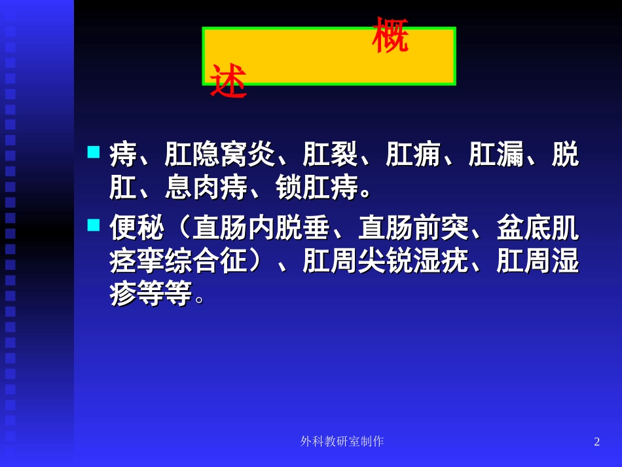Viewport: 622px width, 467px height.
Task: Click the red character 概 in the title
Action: pyautogui.click(x=390, y=36)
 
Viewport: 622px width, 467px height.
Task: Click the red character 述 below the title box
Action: pyautogui.click(x=228, y=82)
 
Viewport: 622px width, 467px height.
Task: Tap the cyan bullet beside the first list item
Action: pyautogui.click(x=94, y=152)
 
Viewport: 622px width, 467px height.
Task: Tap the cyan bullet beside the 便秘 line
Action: pyautogui.click(x=94, y=225)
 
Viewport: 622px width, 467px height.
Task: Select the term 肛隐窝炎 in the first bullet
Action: pyautogui.click(x=219, y=155)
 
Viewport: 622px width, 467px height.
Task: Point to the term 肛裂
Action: pyautogui.click(x=330, y=155)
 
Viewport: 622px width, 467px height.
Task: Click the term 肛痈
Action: pyautogui.click(x=413, y=155)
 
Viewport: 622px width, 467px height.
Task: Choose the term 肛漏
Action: pyautogui.click(x=496, y=155)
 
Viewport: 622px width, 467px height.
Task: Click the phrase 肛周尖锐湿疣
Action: pyautogui.click(x=385, y=261)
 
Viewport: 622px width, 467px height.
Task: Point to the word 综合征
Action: pyautogui.click(x=206, y=261)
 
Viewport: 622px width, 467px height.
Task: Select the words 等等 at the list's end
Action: pyautogui.click(x=164, y=293)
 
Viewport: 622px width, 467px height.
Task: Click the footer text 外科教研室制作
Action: pyautogui.click(x=342, y=441)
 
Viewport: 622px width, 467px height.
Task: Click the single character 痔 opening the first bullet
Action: pyautogui.click(x=123, y=155)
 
